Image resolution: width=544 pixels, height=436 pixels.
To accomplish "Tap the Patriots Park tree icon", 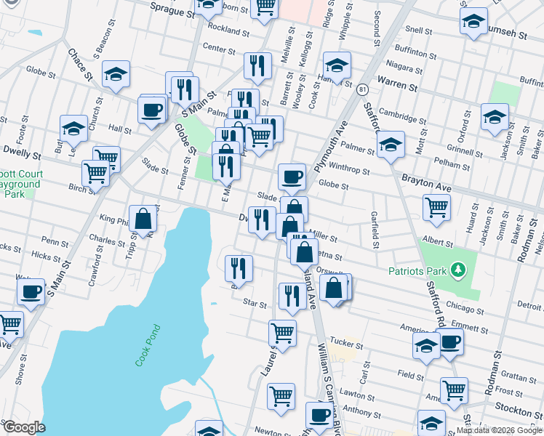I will pos(457,270).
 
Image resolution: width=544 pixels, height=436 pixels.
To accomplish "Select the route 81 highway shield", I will pos(361,89).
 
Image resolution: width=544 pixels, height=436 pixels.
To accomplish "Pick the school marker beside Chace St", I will pos(116,73).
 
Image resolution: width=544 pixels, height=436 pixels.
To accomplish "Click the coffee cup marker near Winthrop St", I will pos(292,176).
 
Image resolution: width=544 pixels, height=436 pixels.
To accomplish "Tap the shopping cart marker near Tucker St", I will pos(282,333).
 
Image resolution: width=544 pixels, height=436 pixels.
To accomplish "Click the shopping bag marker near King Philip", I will pos(143,217).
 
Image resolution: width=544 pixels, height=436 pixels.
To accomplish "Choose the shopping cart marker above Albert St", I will pos(436,206).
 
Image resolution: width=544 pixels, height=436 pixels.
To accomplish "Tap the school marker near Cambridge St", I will pos(495,116).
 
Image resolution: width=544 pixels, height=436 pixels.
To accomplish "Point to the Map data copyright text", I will pos(499,430).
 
